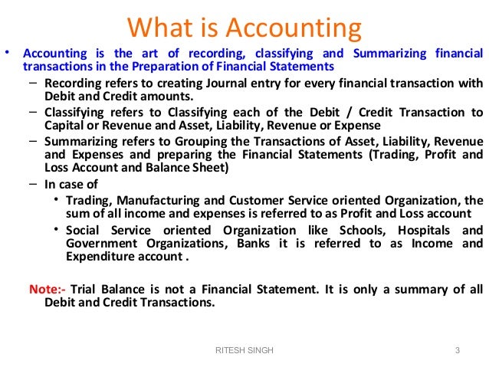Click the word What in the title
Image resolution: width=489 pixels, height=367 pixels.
tap(163, 28)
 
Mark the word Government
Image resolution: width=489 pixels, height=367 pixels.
tap(100, 244)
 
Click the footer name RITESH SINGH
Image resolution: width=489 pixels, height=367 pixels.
tap(244, 350)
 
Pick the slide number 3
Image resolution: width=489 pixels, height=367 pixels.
tap(457, 350)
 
